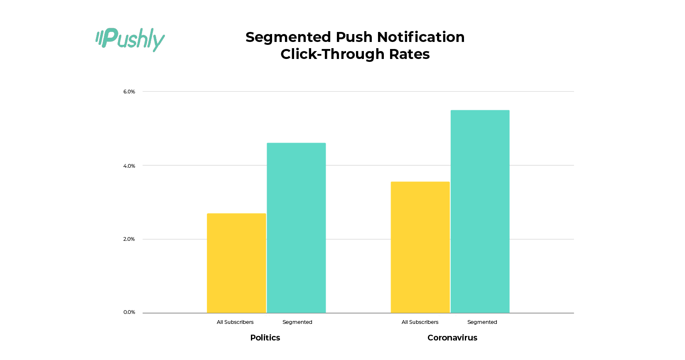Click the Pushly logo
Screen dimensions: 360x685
pos(130,39)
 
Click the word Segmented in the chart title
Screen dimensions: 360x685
pos(288,37)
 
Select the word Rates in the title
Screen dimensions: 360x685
pos(409,54)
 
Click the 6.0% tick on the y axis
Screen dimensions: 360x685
pos(129,92)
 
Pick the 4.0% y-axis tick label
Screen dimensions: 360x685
pos(129,166)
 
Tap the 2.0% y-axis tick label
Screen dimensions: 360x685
pos(129,239)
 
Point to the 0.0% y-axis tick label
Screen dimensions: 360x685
pos(129,312)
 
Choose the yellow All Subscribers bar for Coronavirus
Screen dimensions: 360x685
pos(420,247)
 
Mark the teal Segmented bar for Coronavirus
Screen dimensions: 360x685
pos(480,211)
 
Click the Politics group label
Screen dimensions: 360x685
pos(265,338)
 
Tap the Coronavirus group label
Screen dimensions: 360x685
pos(452,338)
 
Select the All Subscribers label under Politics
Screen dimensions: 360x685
pos(235,322)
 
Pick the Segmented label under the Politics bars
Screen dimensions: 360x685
pos(297,322)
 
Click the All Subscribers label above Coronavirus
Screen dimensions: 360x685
pos(420,322)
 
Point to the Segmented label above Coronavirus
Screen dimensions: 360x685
pos(482,322)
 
